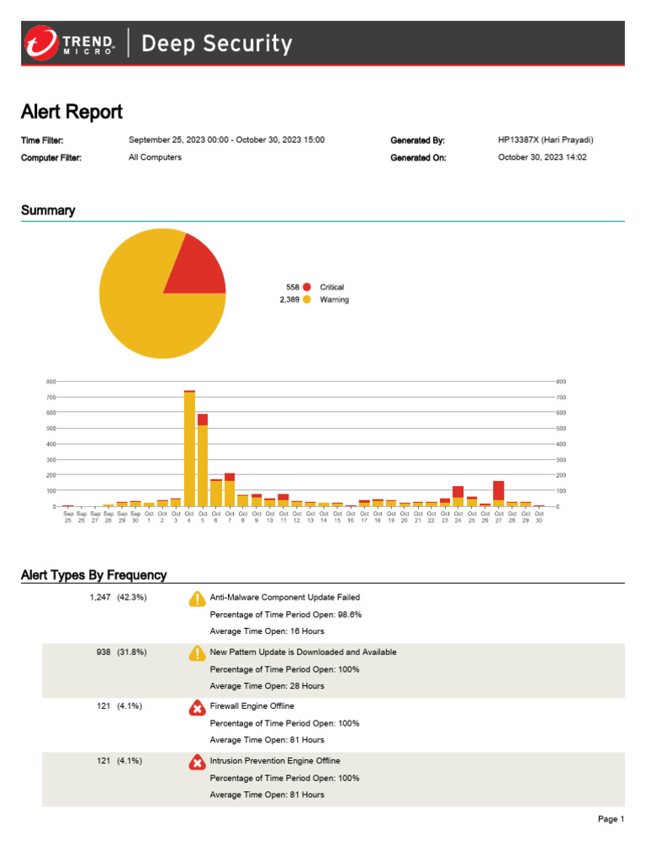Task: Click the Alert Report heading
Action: pyautogui.click(x=71, y=112)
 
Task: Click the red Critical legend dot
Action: pyautogui.click(x=307, y=287)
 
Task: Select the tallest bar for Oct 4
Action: pyautogui.click(x=189, y=448)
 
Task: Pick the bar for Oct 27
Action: pyautogui.click(x=499, y=493)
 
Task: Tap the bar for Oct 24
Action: pyautogui.click(x=458, y=496)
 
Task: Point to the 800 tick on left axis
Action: pyautogui.click(x=51, y=382)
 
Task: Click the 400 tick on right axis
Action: pyautogui.click(x=561, y=444)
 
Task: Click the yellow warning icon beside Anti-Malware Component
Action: pyautogui.click(x=197, y=599)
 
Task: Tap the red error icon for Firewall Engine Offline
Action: pyautogui.click(x=197, y=708)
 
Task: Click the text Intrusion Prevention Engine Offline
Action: pyautogui.click(x=275, y=761)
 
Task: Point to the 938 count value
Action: pyautogui.click(x=103, y=652)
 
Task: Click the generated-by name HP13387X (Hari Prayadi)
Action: pyautogui.click(x=546, y=140)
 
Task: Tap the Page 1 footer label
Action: pyautogui.click(x=611, y=819)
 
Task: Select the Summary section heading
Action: pyautogui.click(x=48, y=210)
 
